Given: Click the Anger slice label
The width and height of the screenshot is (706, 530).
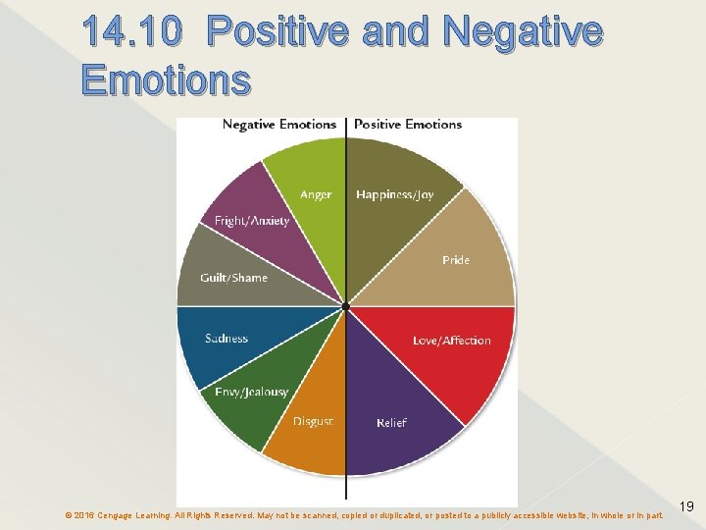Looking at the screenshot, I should tap(316, 195).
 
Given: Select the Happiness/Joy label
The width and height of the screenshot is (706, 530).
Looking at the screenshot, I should tap(394, 195).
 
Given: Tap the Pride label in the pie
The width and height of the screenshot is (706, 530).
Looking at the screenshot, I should tap(456, 260).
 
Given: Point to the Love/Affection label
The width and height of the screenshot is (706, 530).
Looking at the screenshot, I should tap(451, 341).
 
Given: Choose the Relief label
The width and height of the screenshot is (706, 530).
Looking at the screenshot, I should tap(391, 423).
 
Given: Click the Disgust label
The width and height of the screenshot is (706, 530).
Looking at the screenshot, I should tap(313, 421).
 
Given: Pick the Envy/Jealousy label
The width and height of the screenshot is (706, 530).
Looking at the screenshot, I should tap(251, 392).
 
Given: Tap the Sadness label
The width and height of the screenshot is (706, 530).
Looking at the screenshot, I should tap(227, 339).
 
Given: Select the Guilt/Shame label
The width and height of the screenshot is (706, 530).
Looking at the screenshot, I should tap(233, 278).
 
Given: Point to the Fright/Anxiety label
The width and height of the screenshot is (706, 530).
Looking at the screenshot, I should tap(252, 221).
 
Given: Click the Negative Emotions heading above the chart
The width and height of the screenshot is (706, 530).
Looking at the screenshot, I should tap(279, 125).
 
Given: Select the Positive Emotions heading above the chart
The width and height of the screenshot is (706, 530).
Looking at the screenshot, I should tap(408, 125).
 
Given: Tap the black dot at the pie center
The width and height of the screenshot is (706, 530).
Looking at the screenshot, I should tap(346, 307).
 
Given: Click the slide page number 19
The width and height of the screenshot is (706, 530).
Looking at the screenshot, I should tap(686, 506).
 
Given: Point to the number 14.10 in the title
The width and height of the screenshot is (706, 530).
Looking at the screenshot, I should tap(132, 33).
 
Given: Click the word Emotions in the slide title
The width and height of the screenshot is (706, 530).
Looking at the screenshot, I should tap(166, 79).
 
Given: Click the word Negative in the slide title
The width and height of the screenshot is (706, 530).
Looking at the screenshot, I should tap(523, 33).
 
